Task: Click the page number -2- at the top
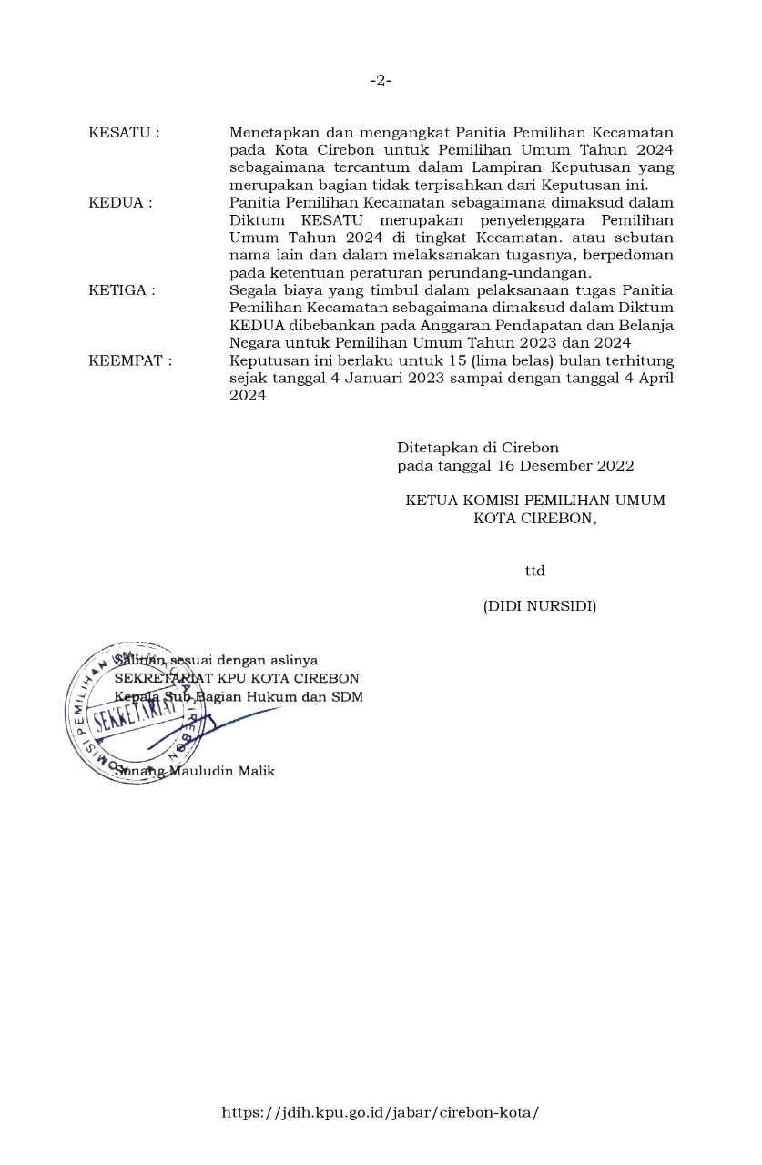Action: (x=381, y=80)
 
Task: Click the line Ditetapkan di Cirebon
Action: (x=477, y=448)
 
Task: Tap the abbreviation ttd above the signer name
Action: (x=534, y=571)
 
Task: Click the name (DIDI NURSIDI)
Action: (x=539, y=605)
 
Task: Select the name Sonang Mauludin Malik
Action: (x=195, y=771)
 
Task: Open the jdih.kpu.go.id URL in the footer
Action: (x=381, y=1112)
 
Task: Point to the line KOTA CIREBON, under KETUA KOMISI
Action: (x=535, y=518)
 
